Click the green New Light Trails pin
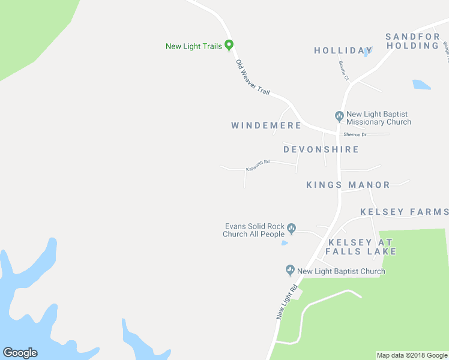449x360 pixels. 229,45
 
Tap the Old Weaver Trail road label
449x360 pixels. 253,77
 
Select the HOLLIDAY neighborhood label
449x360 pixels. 343,50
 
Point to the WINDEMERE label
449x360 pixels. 266,125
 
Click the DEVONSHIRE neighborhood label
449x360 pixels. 321,149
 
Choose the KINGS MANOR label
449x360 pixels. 348,185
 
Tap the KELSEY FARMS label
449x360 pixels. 404,212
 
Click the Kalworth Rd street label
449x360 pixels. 258,165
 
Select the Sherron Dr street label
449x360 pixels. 355,134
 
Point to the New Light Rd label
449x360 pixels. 288,301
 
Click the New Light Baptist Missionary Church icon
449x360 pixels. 339,115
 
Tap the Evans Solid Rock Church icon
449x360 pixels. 292,227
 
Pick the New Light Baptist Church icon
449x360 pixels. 290,271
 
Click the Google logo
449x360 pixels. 20,353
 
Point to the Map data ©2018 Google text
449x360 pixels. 412,355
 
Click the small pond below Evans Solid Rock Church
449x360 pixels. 284,243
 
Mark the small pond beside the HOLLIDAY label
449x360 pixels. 366,52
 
